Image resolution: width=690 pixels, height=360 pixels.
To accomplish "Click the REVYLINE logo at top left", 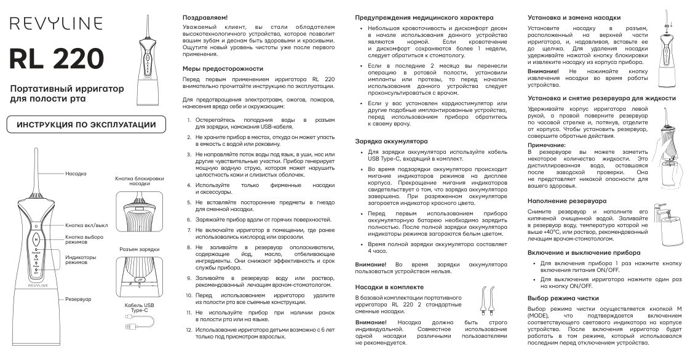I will tap(55, 23).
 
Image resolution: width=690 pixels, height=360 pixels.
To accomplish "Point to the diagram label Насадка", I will tap(76, 174).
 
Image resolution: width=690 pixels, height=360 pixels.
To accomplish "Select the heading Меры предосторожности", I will tap(223, 68).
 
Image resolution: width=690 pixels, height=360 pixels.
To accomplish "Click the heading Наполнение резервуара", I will tap(567, 201).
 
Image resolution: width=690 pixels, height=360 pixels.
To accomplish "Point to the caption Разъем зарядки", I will tap(138, 249).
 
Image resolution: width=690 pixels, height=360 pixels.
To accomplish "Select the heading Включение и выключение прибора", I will tap(584, 252).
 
